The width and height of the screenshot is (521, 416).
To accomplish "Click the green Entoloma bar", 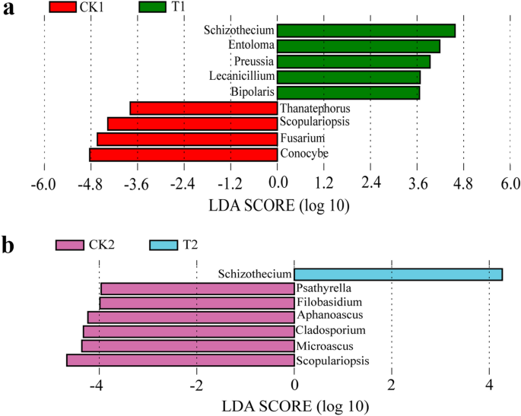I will coord(358,46).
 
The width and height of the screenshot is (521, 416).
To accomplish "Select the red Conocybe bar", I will coord(183,154).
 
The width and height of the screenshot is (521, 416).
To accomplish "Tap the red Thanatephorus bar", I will coord(204,108).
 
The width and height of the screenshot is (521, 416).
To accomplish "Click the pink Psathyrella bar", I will coord(198,288).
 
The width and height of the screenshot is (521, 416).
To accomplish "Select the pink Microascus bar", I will coord(188,346).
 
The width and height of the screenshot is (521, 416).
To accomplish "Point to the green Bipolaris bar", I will coord(348,92).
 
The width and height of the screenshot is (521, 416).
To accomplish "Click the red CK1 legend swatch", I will coord(71,8).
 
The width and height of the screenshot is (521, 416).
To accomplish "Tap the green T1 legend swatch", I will coord(163,8).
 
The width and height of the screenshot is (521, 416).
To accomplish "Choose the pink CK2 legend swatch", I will coord(79,245).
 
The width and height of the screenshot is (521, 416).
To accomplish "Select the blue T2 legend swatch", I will coord(173,245).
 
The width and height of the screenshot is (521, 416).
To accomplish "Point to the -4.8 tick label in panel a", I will coord(91,183).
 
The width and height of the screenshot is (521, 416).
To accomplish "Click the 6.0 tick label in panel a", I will coord(510,183).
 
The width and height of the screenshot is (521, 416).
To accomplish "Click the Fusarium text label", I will coord(302,138).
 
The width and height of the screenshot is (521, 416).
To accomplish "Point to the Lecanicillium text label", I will coord(241,77).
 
